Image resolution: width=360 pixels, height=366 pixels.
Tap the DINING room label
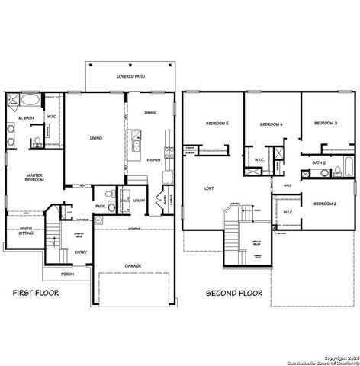pyautogui.click(x=151, y=113)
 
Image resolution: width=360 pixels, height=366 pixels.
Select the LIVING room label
pyautogui.click(x=96, y=138)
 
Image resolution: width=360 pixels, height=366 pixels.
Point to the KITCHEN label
pyautogui.click(x=153, y=159)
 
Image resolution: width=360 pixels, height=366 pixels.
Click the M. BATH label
pyautogui.click(x=25, y=117)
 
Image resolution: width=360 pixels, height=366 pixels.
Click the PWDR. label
pyautogui.click(x=100, y=205)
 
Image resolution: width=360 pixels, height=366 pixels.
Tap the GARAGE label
pyautogui.click(x=133, y=266)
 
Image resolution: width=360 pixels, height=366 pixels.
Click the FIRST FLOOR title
pyautogui.click(x=36, y=292)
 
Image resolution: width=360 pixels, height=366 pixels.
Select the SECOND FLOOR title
pyautogui.click(x=235, y=292)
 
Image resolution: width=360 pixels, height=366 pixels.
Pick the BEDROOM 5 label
pyautogui.click(x=217, y=124)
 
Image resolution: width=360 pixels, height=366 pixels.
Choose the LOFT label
pyautogui.click(x=209, y=188)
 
